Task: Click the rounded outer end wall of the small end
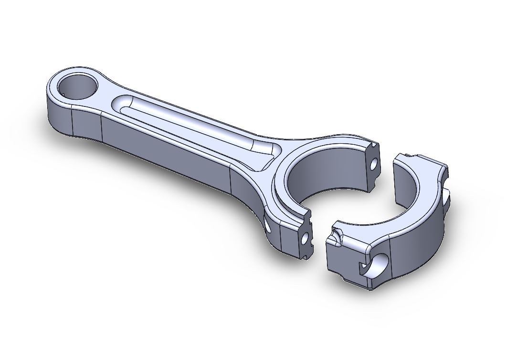(57, 115)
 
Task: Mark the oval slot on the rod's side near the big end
(266, 222)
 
